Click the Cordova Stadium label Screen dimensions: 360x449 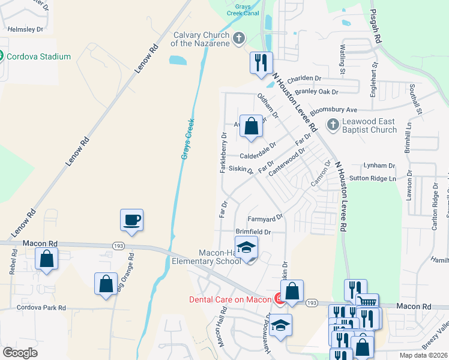coord(38,57)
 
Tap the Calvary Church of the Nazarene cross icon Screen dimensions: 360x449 coord(239,39)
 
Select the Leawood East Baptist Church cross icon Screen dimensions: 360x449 coord(332,125)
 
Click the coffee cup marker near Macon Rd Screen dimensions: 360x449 coord(131,220)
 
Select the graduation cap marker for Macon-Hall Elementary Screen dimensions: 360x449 coord(246,248)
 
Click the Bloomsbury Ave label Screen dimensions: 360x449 coord(333,110)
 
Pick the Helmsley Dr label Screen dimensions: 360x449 coord(25,29)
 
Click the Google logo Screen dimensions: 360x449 coord(20,353)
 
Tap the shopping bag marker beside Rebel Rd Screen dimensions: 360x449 coord(46,259)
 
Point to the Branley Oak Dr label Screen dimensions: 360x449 coord(318,92)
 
